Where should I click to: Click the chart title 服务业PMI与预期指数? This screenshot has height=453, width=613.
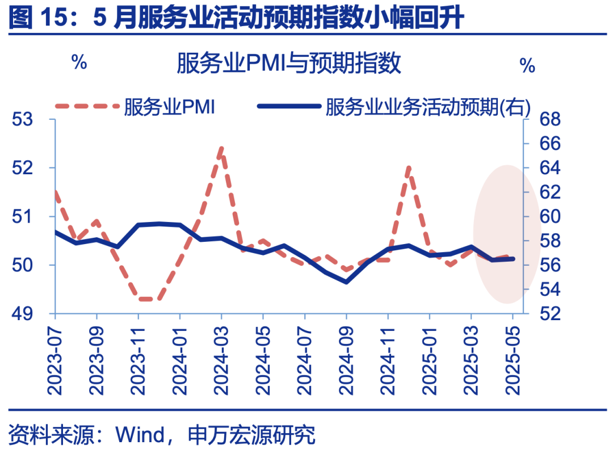pos(289,63)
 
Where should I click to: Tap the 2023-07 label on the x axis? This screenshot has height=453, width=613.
pos(55,358)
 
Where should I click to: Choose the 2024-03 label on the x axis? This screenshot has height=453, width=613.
pos(221,358)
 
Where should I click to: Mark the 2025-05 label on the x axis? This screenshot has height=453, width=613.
pos(514,358)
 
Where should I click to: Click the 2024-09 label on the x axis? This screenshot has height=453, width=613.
pos(346,358)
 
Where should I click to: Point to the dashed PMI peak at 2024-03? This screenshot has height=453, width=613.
pos(221,149)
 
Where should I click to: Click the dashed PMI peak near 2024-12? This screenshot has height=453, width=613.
pos(409,168)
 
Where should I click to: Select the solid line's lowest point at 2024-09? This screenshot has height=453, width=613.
pos(346,282)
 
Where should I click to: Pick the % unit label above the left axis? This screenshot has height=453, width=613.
pos(79,62)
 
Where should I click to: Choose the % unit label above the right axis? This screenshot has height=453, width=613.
pos(527,66)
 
